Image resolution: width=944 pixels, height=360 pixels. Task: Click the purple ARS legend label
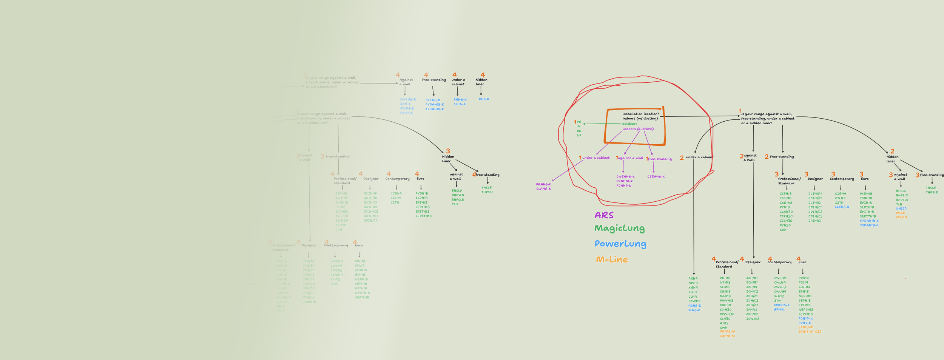(x=604, y=215)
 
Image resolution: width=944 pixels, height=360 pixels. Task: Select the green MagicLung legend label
(x=619, y=228)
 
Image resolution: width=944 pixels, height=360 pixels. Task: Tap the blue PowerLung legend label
(x=620, y=244)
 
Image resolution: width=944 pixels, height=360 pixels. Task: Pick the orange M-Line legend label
(x=612, y=260)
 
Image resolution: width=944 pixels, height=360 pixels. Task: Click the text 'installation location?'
(x=640, y=114)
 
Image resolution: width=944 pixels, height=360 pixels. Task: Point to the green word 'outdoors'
(x=629, y=124)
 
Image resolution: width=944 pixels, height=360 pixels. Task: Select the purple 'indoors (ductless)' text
(x=638, y=129)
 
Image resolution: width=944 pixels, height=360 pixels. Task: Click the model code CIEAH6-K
(x=656, y=176)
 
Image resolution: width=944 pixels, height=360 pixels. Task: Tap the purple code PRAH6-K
(x=543, y=184)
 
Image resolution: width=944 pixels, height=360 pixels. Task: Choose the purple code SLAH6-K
(x=543, y=189)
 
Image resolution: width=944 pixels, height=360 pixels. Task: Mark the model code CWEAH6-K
(x=625, y=176)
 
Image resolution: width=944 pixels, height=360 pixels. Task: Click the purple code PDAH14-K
(x=625, y=181)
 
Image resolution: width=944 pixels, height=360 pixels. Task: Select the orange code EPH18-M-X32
(x=810, y=332)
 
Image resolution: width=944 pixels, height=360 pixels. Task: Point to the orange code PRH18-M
(x=727, y=331)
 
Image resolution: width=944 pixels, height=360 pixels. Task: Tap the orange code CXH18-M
(x=727, y=336)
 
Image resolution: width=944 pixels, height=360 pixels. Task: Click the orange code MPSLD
(x=901, y=217)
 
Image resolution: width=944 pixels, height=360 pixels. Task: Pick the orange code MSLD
(x=900, y=213)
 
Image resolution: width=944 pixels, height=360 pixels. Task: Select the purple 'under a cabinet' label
(x=595, y=158)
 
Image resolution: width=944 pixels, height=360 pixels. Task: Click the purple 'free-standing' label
(x=660, y=159)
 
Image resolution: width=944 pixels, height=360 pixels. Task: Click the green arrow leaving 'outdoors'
(x=602, y=124)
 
